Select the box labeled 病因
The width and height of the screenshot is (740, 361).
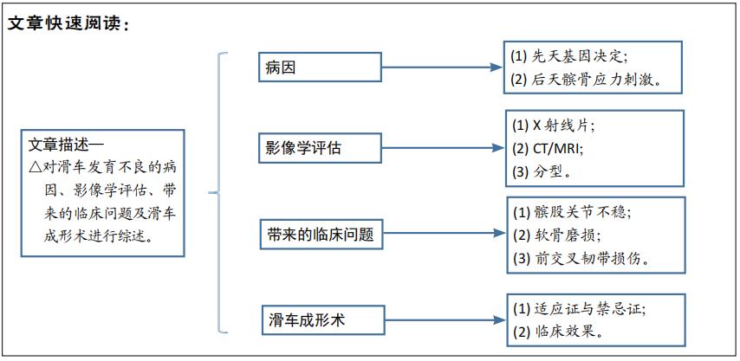point(320,68)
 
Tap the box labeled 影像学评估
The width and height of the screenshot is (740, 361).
point(320,147)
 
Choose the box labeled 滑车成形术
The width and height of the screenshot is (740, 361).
point(320,320)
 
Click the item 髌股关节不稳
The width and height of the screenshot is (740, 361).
point(577,211)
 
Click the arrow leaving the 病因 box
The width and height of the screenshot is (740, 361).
point(441,68)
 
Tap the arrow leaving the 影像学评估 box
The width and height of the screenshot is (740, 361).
point(441,147)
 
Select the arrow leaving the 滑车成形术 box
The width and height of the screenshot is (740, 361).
point(441,320)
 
